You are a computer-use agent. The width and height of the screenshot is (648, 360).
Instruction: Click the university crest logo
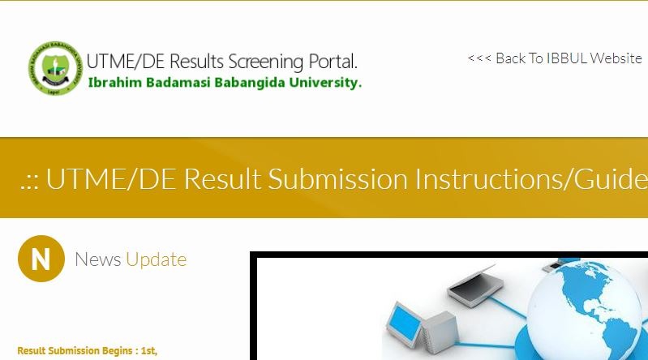(55, 68)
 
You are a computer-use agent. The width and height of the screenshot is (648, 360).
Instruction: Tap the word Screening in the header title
(266, 62)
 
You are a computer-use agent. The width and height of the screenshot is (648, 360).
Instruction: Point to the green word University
(325, 83)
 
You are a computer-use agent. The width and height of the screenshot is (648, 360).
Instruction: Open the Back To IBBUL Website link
(555, 58)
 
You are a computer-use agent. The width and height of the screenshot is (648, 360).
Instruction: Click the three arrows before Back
(479, 58)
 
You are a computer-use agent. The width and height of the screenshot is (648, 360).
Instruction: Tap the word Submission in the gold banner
(338, 178)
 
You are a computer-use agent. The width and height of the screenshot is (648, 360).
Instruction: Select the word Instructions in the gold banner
(487, 178)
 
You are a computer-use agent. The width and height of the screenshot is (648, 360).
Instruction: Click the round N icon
(41, 259)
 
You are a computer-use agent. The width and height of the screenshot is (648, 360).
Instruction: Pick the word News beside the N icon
(98, 259)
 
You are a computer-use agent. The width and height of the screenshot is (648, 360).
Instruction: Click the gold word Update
(157, 260)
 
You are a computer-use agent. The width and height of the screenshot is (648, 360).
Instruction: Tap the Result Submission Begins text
(88, 351)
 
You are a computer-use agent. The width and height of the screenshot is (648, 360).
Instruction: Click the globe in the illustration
(587, 311)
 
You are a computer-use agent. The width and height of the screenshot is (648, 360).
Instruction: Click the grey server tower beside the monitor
(439, 331)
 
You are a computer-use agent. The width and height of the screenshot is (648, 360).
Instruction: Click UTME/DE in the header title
(126, 61)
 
